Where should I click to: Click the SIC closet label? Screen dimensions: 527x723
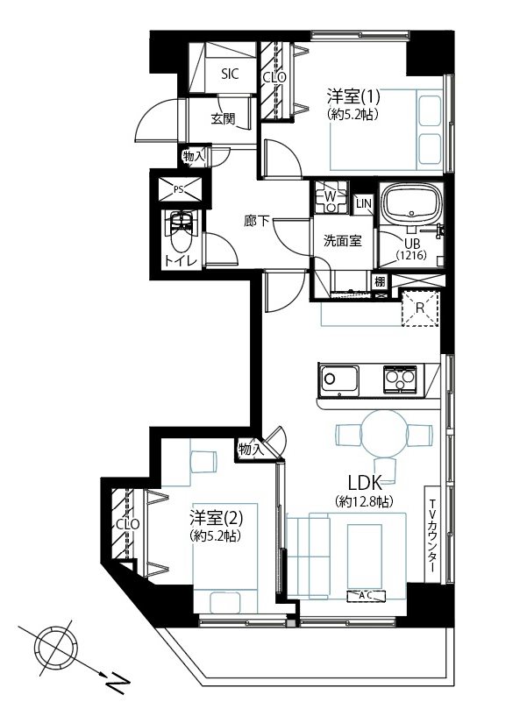click(x=230, y=74)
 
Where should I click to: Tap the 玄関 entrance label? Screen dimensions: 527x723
click(x=223, y=119)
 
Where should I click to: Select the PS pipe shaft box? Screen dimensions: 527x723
click(x=180, y=189)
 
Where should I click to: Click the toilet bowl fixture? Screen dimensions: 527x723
click(x=182, y=232)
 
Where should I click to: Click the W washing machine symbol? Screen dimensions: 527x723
click(x=330, y=197)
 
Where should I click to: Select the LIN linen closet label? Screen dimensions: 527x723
click(x=364, y=203)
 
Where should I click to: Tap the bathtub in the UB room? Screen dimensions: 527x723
click(x=411, y=203)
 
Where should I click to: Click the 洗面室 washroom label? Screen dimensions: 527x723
click(x=342, y=240)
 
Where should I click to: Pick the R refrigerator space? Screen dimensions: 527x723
click(x=420, y=308)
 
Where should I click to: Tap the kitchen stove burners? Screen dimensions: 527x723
click(x=400, y=379)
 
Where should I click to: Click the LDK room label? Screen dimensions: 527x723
click(x=365, y=483)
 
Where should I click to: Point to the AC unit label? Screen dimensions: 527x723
click(x=366, y=595)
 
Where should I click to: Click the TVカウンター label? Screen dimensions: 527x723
click(x=433, y=535)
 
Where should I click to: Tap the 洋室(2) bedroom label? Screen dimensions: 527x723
click(x=216, y=518)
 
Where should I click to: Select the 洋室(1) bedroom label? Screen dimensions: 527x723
click(x=353, y=96)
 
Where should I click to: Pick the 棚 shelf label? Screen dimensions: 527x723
click(x=380, y=281)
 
